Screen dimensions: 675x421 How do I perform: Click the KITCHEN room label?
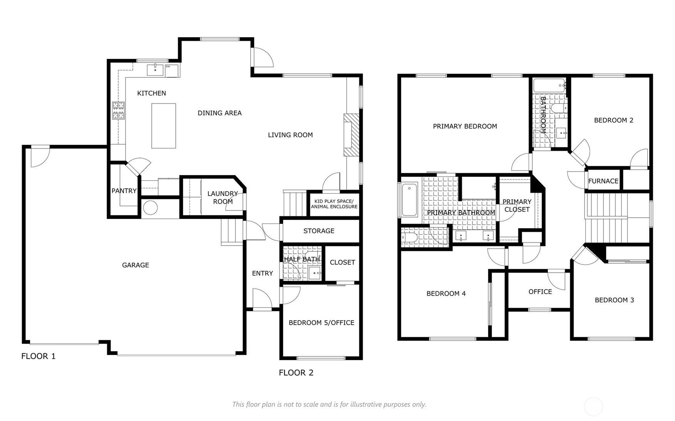pyautogui.click(x=152, y=93)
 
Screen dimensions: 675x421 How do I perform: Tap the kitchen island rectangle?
pyautogui.click(x=164, y=125)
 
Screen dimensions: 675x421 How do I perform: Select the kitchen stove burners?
pyautogui.click(x=118, y=110)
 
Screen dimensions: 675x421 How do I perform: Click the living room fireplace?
pyautogui.click(x=351, y=135)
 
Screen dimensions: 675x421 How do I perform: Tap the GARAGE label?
pyautogui.click(x=136, y=265)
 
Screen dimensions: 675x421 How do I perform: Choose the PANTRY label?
pyautogui.click(x=124, y=191)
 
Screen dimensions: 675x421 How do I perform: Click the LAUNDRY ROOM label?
pyautogui.click(x=223, y=197)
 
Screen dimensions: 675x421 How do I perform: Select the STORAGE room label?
pyautogui.click(x=319, y=231)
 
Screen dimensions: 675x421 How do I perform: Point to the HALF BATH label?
pyautogui.click(x=302, y=259)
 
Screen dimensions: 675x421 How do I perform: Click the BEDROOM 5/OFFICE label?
pyautogui.click(x=322, y=323)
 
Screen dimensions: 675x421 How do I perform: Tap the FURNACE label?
pyautogui.click(x=603, y=181)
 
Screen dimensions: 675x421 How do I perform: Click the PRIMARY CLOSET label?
pyautogui.click(x=517, y=205)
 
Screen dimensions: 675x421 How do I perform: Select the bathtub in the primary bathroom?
pyautogui.click(x=409, y=200)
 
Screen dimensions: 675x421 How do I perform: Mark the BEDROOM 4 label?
pyautogui.click(x=446, y=294)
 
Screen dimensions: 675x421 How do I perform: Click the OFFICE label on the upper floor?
pyautogui.click(x=540, y=292)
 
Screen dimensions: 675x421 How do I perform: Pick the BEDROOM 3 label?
pyautogui.click(x=615, y=300)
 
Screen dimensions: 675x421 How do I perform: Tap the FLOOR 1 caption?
pyautogui.click(x=39, y=356)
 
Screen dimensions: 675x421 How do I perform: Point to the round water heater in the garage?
pyautogui.click(x=150, y=208)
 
